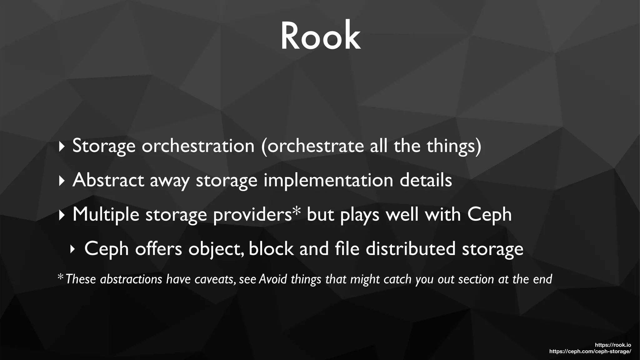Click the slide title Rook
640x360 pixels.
click(x=320, y=36)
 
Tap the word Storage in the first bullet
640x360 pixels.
click(x=104, y=146)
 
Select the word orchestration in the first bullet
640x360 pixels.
click(x=198, y=146)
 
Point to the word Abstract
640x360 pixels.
click(x=108, y=180)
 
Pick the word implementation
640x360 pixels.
click(x=328, y=181)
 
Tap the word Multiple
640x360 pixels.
click(x=106, y=215)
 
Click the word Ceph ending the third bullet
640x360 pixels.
click(x=489, y=215)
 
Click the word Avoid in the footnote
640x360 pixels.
click(x=273, y=279)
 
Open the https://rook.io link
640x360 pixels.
click(x=613, y=345)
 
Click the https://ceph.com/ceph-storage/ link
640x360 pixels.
click(x=590, y=352)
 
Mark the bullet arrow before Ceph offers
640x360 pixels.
click(x=72, y=249)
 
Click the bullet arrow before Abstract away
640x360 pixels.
click(x=61, y=181)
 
